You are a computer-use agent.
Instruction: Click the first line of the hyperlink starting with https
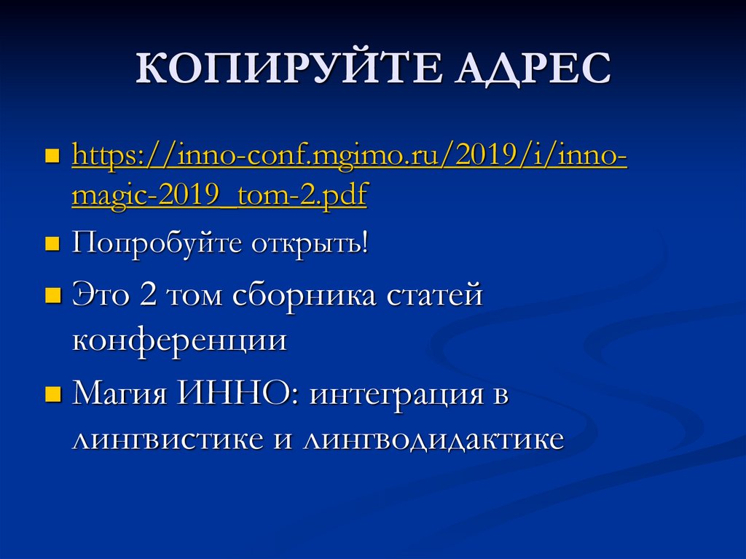349,157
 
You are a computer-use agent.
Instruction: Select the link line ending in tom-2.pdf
219,197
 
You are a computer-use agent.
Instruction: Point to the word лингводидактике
434,439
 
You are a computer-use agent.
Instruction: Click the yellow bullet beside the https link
52,158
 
